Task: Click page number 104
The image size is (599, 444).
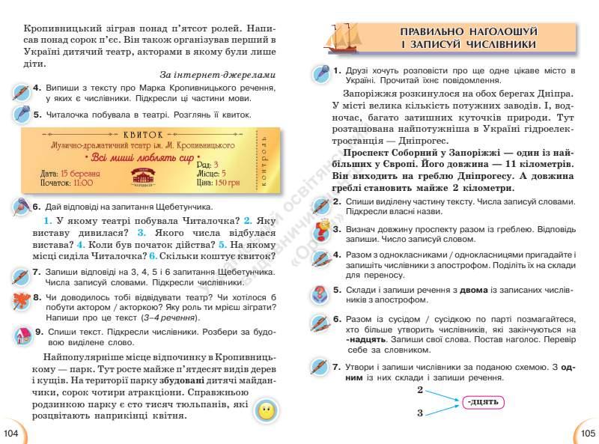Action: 10,433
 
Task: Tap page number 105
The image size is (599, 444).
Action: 587,433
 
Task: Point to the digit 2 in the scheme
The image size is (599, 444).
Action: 420,391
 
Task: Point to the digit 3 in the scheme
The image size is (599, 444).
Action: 420,413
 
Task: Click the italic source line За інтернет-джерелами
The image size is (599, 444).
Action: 218,75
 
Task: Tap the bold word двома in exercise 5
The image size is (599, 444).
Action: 459,289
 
